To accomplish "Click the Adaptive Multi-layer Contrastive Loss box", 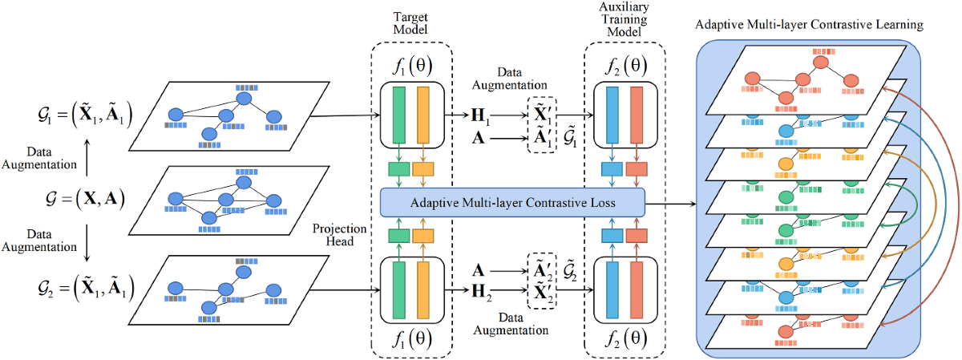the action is [x=512, y=202].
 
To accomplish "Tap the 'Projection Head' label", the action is [x=339, y=235].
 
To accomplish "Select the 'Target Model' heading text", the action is [x=410, y=23].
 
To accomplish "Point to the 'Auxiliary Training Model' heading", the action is [x=624, y=19].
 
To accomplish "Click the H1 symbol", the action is [x=480, y=116].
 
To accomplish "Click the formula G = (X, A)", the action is [x=86, y=199].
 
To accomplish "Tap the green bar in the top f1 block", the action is [x=399, y=115].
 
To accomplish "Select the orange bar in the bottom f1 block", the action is [x=423, y=290].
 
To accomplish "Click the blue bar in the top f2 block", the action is [x=612, y=115].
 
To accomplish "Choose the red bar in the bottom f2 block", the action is [x=637, y=290].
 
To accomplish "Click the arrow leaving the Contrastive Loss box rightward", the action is [x=670, y=204].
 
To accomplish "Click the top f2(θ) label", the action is [x=625, y=66].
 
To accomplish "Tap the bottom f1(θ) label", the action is [x=412, y=339].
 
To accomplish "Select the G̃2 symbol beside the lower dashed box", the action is [x=569, y=269].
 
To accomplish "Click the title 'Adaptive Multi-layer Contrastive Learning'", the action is [x=809, y=25].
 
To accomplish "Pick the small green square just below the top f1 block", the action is [x=399, y=169].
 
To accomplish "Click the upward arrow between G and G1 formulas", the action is [x=87, y=157].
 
